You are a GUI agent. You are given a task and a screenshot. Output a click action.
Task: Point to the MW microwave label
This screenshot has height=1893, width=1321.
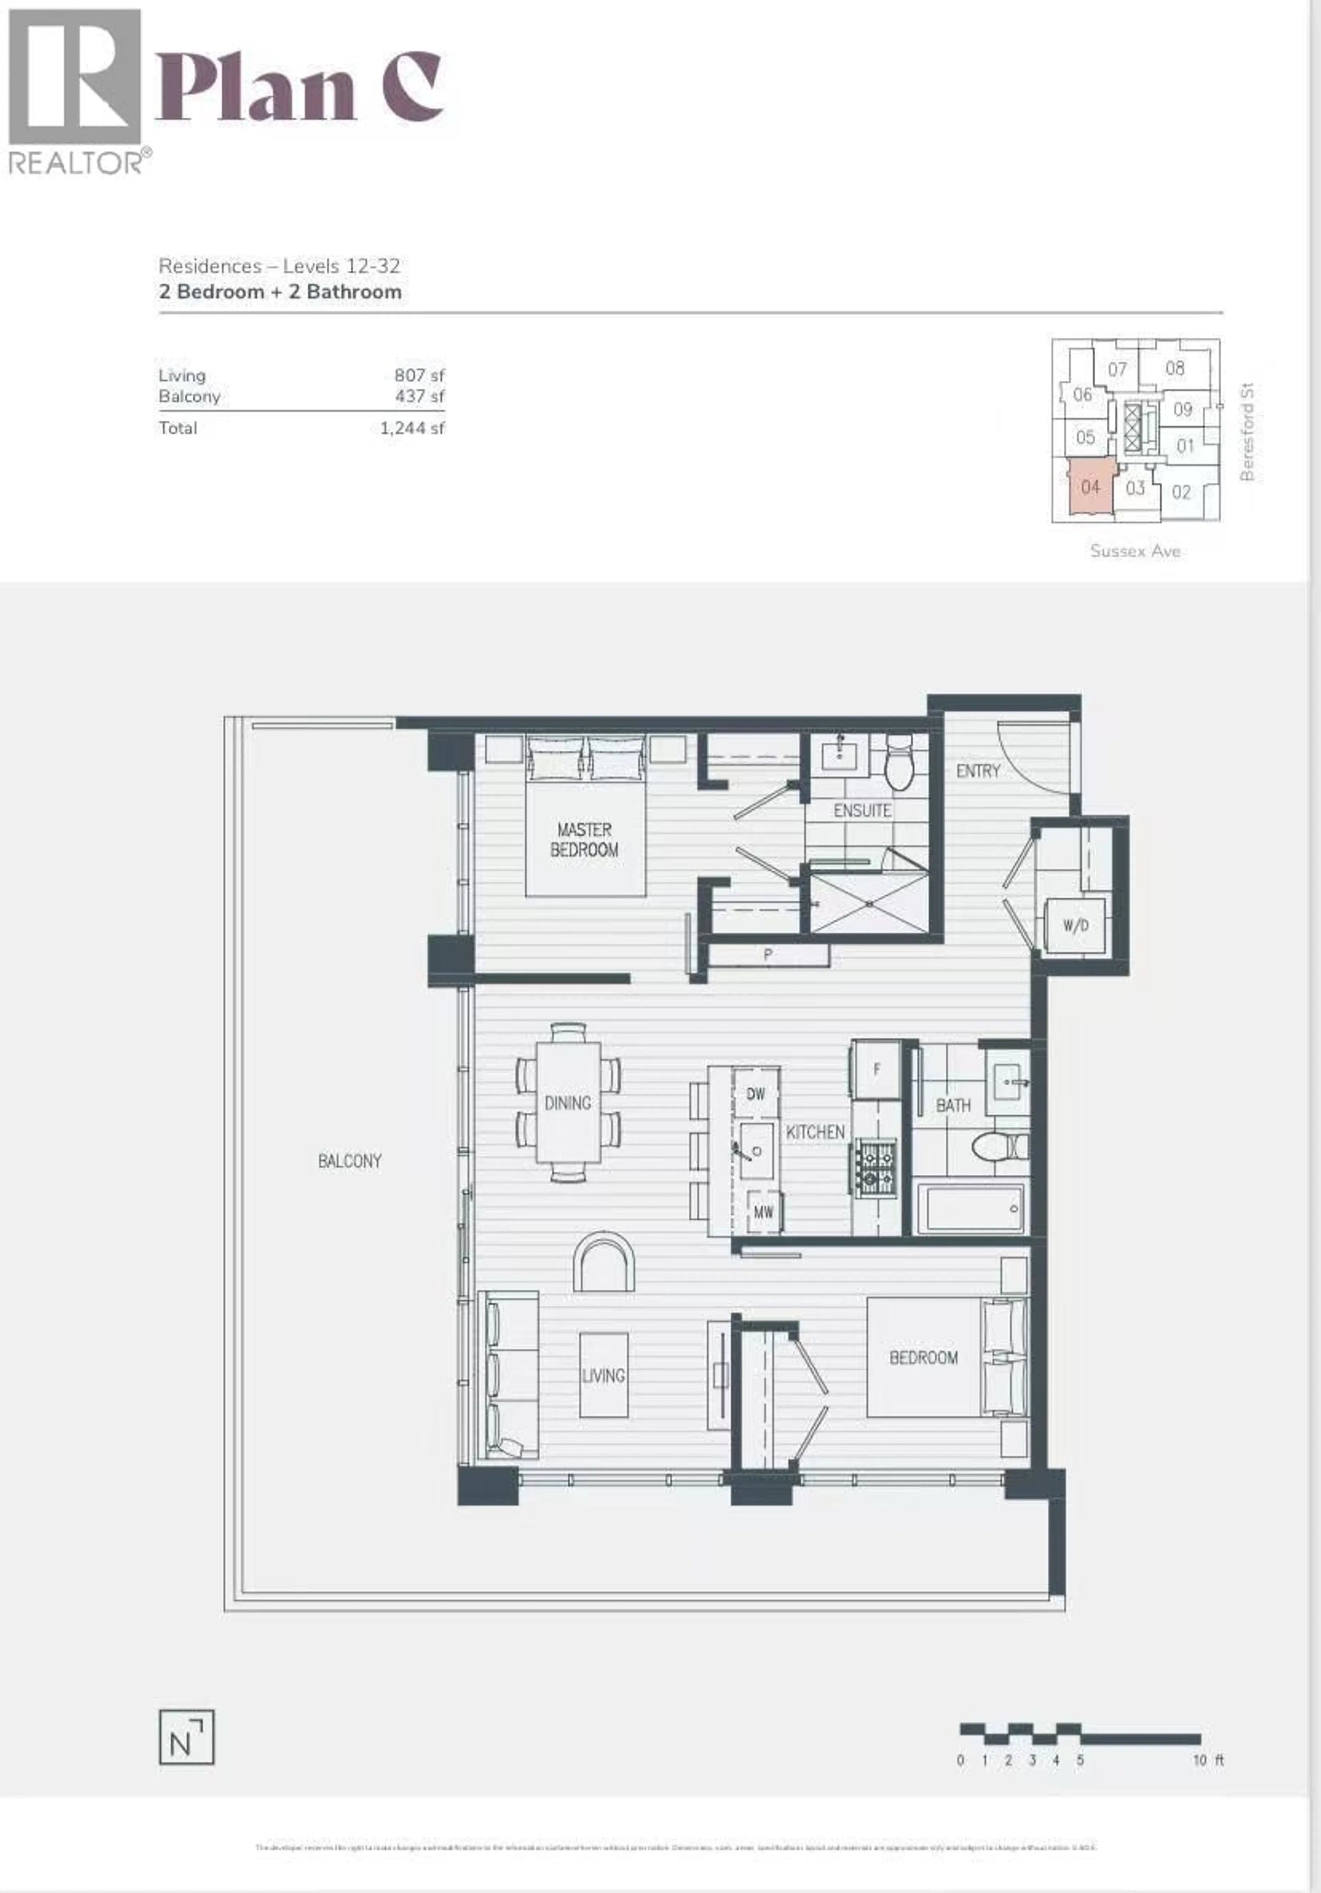pos(764,1212)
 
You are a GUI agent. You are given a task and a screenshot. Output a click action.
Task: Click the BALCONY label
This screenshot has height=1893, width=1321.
pos(350,1161)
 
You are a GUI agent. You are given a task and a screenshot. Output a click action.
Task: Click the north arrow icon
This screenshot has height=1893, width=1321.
pos(186,1737)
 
